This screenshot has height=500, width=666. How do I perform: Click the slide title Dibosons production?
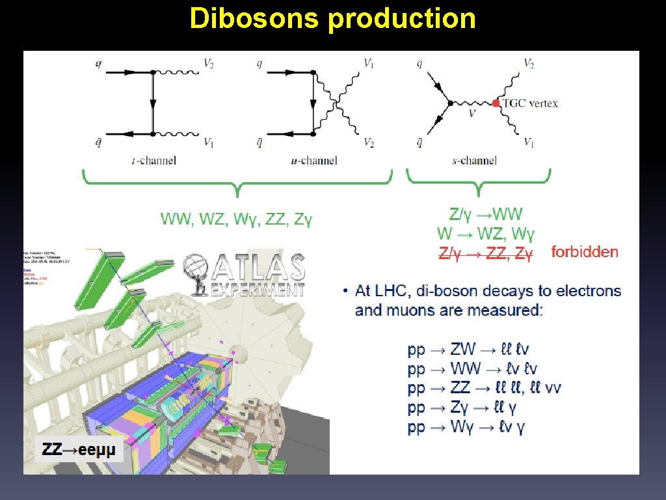click(332, 19)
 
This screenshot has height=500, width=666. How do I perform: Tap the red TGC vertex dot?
click(496, 103)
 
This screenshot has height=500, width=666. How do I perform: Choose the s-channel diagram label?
click(475, 160)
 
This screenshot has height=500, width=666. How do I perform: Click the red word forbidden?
click(584, 252)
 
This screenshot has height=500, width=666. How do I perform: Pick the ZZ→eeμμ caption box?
click(79, 449)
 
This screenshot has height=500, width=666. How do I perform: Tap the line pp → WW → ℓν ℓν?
click(473, 369)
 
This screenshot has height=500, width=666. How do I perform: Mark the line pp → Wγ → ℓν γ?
click(466, 428)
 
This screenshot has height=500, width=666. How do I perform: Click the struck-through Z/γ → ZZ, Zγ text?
click(486, 253)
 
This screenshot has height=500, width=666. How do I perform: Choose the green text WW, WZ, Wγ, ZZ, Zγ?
click(237, 219)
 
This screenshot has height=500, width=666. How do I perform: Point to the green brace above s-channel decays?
click(479, 182)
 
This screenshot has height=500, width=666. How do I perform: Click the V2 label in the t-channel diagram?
click(209, 63)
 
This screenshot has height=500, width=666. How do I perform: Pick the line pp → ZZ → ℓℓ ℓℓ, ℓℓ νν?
click(485, 389)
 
